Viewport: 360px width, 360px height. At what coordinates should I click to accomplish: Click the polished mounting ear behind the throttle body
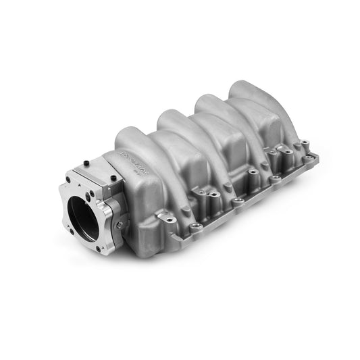tap(163, 218)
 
